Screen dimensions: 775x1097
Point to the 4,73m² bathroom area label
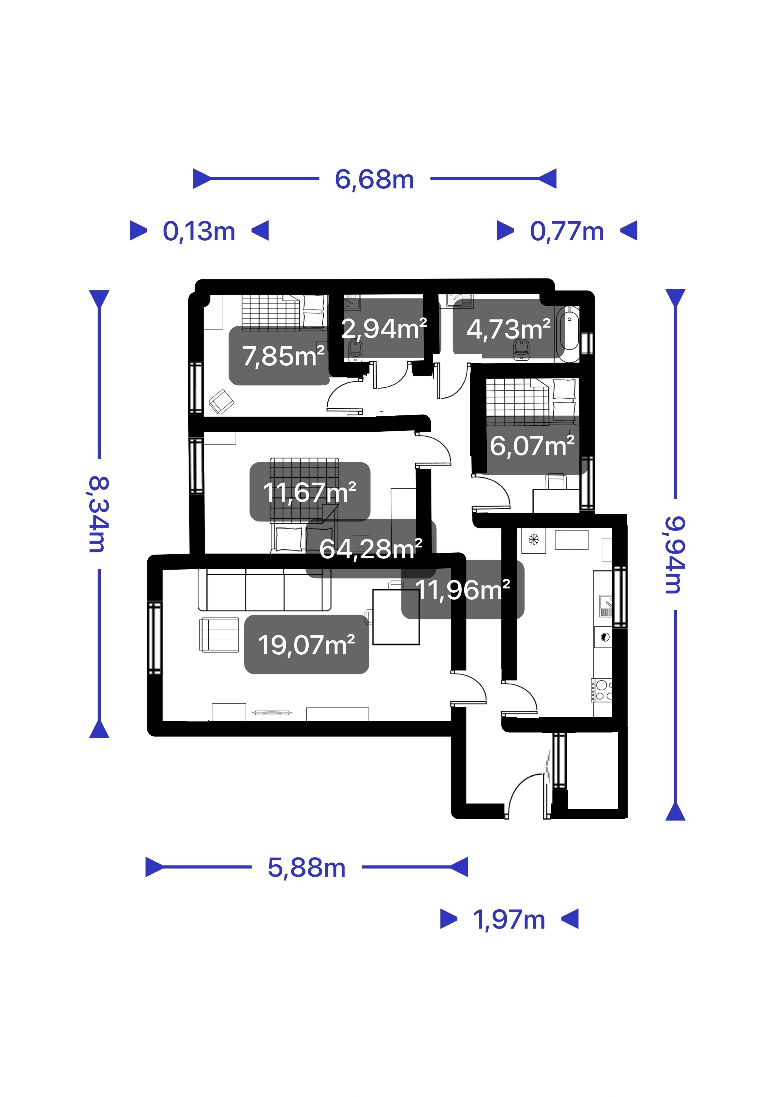point(509,329)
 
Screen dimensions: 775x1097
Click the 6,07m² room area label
point(532,446)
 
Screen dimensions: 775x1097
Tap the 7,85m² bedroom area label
point(284,356)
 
